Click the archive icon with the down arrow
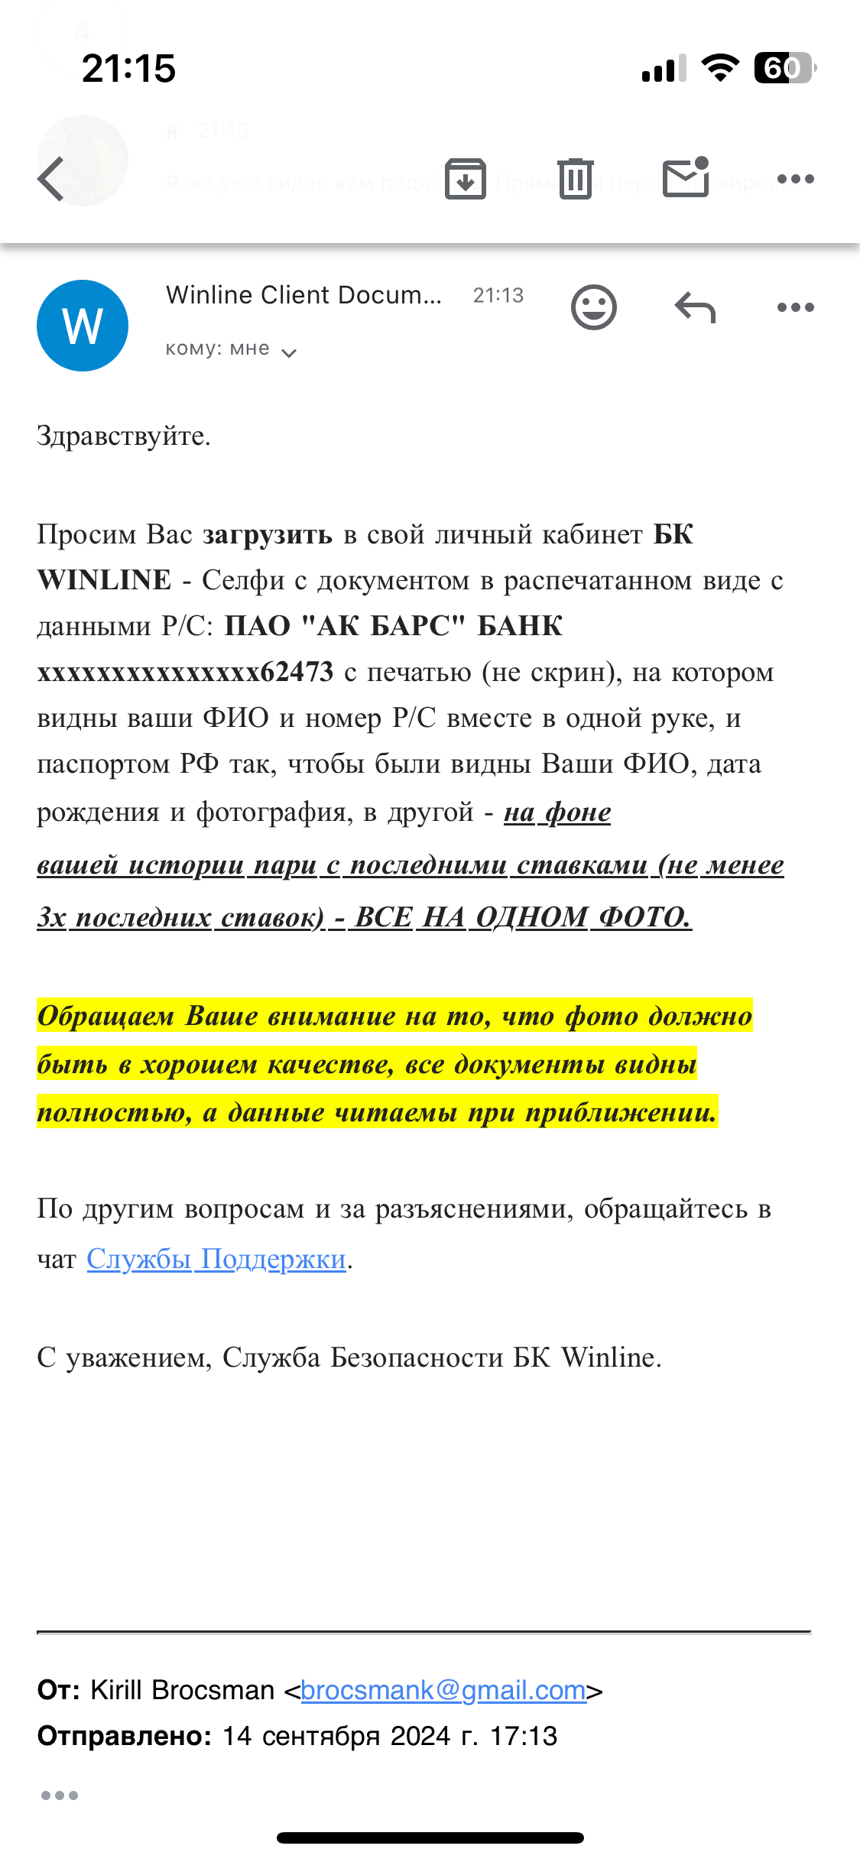466,179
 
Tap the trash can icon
575,179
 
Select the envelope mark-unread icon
686,178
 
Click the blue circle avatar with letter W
83,326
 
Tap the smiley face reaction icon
593,307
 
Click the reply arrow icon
695,307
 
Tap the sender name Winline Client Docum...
303,295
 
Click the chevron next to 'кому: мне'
289,352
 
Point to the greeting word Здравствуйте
123,436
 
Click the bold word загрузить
268,534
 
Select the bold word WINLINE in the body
104,580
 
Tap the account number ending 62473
186,672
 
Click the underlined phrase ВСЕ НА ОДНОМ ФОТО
523,916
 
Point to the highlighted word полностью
114,1112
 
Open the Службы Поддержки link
216,1258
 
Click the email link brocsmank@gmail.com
443,1690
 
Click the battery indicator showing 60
784,68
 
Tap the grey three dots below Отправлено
60,1795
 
